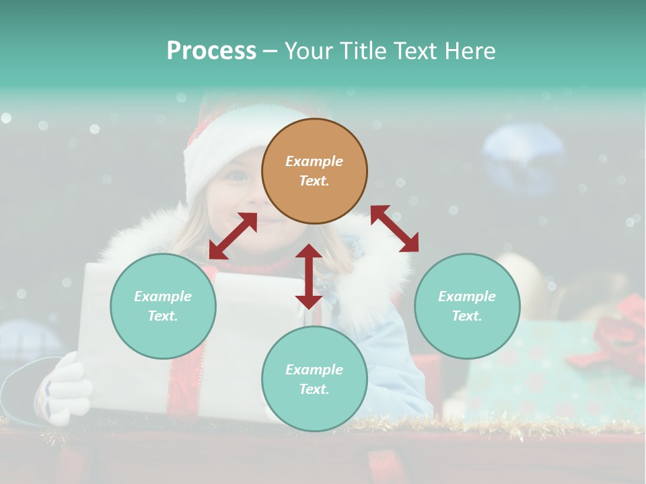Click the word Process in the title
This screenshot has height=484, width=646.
click(x=211, y=50)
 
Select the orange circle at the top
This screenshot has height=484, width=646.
click(x=314, y=171)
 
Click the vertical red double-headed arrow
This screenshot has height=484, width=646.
click(x=309, y=276)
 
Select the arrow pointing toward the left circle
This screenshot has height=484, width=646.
click(x=233, y=236)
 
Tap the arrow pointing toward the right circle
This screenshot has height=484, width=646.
click(x=394, y=229)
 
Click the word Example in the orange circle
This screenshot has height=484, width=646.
click(x=314, y=161)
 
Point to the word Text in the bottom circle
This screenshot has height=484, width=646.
click(x=314, y=389)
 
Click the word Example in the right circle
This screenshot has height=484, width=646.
click(x=467, y=296)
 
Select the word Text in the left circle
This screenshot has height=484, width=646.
click(x=163, y=316)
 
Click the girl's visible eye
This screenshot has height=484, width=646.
click(x=238, y=176)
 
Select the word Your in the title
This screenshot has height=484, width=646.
click(x=307, y=50)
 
